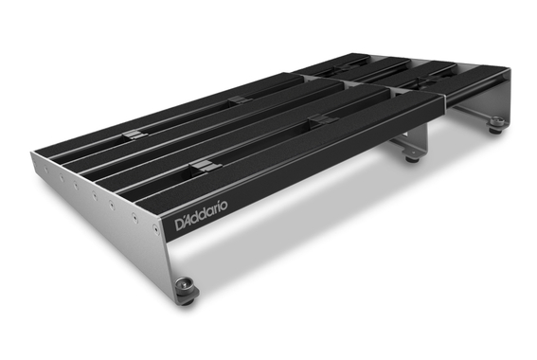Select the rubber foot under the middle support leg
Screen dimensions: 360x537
point(411,156)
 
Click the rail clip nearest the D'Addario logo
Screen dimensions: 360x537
point(200,167)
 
